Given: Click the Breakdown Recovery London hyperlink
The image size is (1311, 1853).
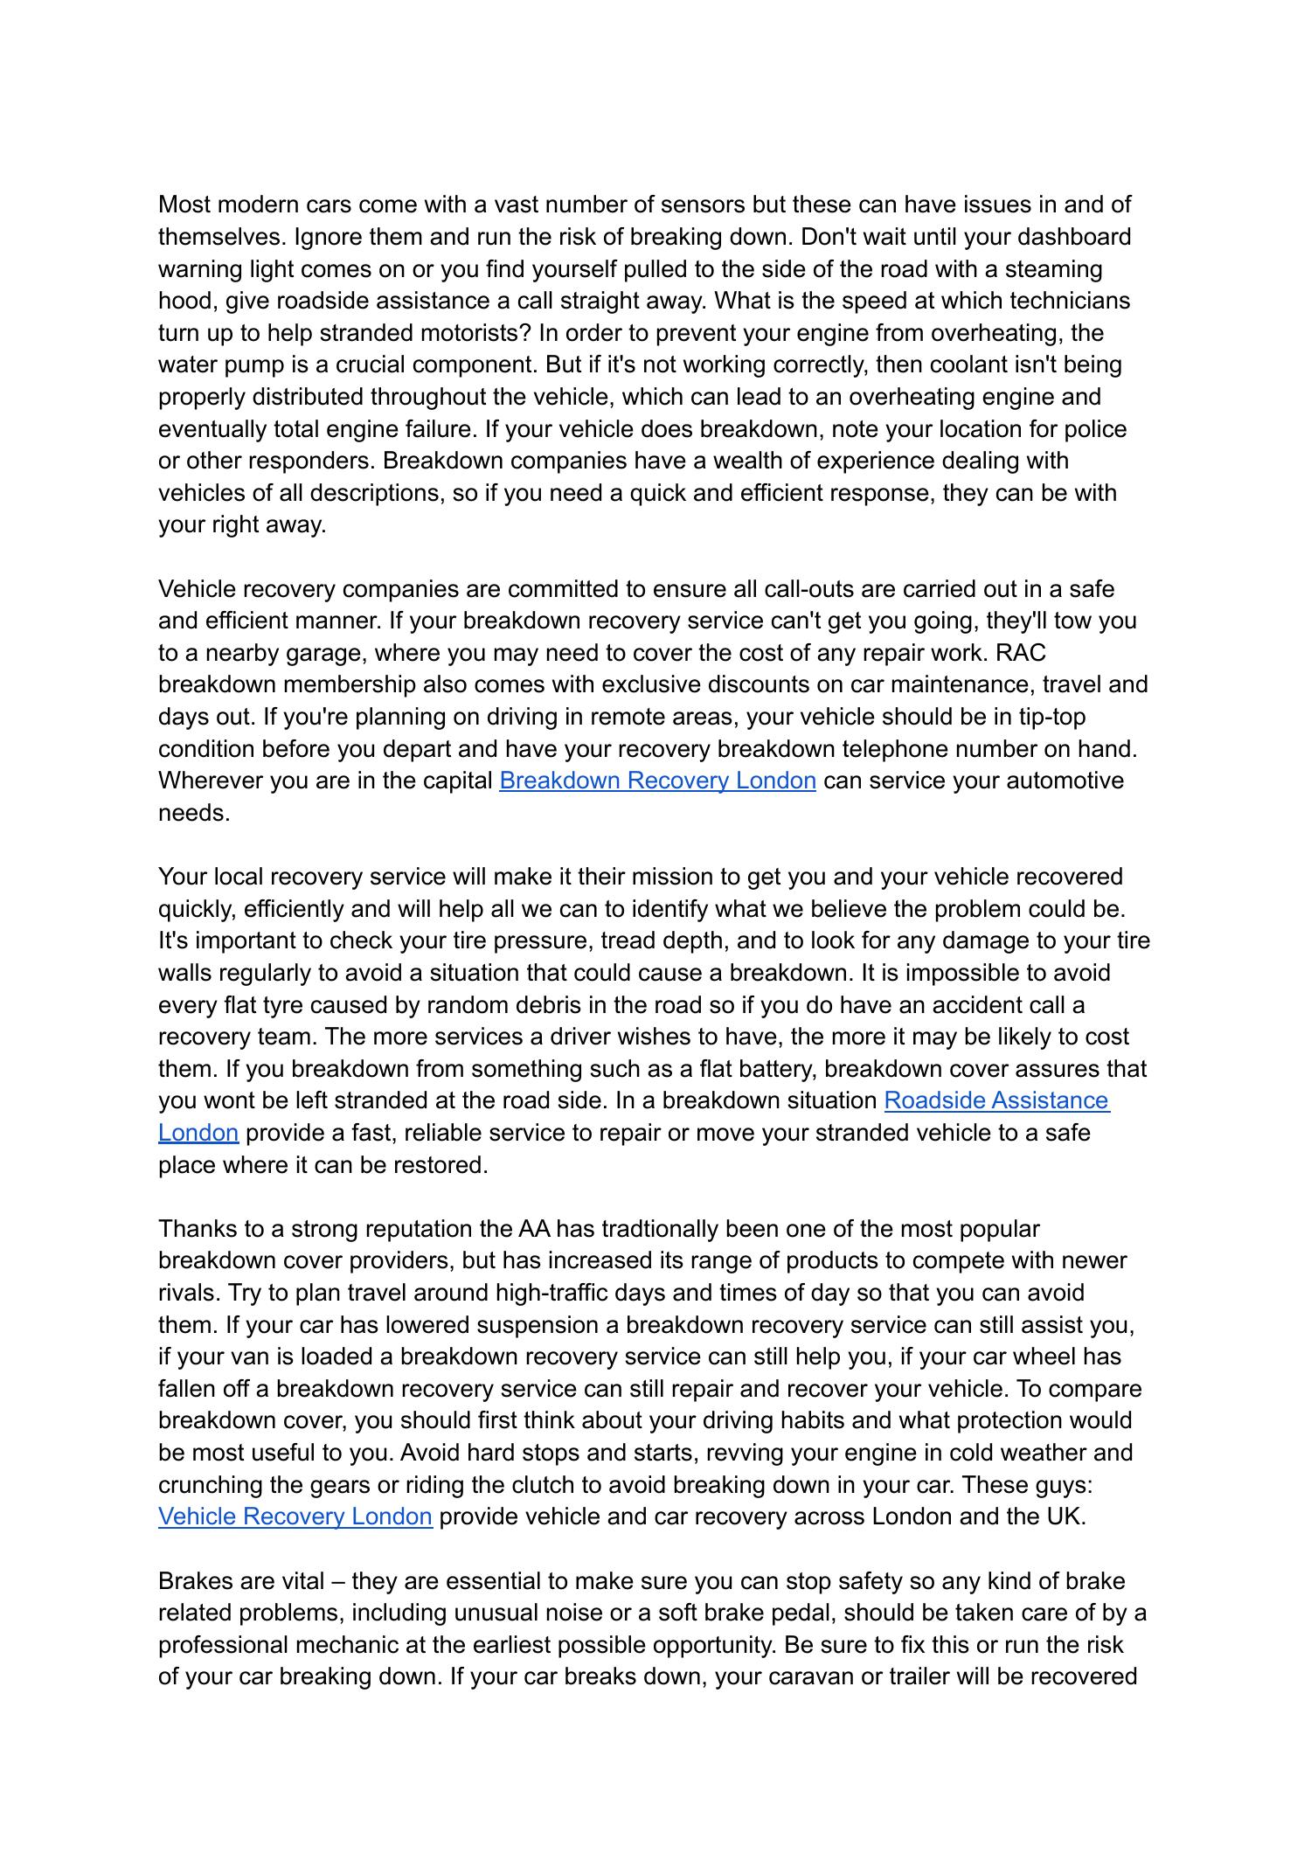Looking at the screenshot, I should coord(657,781).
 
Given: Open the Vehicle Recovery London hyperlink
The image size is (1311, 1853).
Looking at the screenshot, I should coord(295,1516).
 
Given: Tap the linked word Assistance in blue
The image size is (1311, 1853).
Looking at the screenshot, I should coord(1043,1100).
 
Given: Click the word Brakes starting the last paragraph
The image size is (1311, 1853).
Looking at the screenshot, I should coord(196,1581).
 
